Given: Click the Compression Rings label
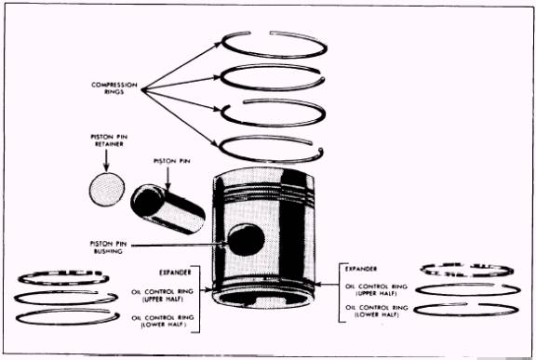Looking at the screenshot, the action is (x=114, y=88).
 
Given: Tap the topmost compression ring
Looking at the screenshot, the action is (x=274, y=55).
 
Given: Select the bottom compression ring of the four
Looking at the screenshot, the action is (x=270, y=161).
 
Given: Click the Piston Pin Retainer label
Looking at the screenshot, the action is (x=109, y=140).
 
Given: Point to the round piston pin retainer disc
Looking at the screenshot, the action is (x=107, y=189).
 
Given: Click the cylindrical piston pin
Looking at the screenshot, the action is (x=167, y=208).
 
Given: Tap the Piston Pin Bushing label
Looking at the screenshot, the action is (x=108, y=247).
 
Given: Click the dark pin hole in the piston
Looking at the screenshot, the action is (x=246, y=240).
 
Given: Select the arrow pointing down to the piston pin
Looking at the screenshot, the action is (x=167, y=179).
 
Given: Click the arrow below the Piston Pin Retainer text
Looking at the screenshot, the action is (x=106, y=161).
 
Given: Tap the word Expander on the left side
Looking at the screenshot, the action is (x=175, y=273).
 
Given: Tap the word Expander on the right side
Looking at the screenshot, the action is (x=361, y=269).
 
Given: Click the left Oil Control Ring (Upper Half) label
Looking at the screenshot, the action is (x=162, y=295).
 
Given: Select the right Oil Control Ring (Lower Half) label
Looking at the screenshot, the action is (x=376, y=311).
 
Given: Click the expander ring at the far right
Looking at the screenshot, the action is (x=467, y=274).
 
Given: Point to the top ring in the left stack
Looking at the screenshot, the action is (x=63, y=283).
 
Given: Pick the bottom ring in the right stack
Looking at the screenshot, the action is (x=466, y=314).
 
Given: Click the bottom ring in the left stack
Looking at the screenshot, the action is (x=67, y=323).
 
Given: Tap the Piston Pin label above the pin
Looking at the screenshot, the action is (x=172, y=161).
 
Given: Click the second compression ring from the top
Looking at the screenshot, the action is (x=273, y=88).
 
